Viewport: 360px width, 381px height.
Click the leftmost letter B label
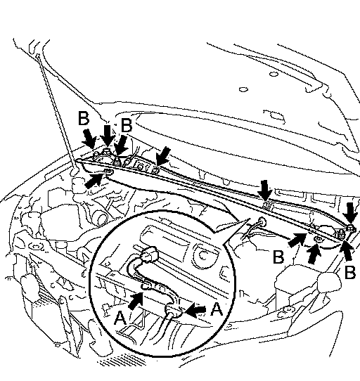click(84, 118)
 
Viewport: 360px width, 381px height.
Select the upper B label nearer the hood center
click(127, 125)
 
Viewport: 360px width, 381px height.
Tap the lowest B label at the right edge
click(350, 272)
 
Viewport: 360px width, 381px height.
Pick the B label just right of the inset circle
click(278, 257)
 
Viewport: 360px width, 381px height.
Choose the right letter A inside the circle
click(217, 309)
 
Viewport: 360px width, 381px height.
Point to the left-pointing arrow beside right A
click(195, 310)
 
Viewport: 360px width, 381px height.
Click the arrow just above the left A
click(136, 301)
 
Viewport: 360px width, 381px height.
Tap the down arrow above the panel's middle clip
click(264, 190)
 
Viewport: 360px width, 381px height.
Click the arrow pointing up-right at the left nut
click(94, 180)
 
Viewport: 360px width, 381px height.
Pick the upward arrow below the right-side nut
click(314, 254)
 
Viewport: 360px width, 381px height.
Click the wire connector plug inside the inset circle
click(149, 254)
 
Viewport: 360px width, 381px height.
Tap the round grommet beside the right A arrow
click(173, 311)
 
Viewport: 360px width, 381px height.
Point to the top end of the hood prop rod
click(38, 56)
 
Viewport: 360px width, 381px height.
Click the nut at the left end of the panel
click(108, 172)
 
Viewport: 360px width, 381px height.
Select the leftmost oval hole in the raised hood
click(243, 89)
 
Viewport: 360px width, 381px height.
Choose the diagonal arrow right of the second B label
click(121, 146)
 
